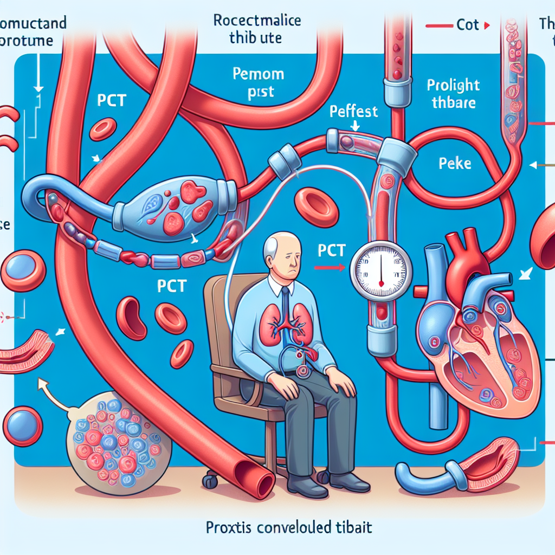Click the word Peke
click(x=455, y=163)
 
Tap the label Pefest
click(x=353, y=112)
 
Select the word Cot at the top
click(x=468, y=25)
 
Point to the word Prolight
click(x=453, y=86)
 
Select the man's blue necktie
click(x=285, y=304)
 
